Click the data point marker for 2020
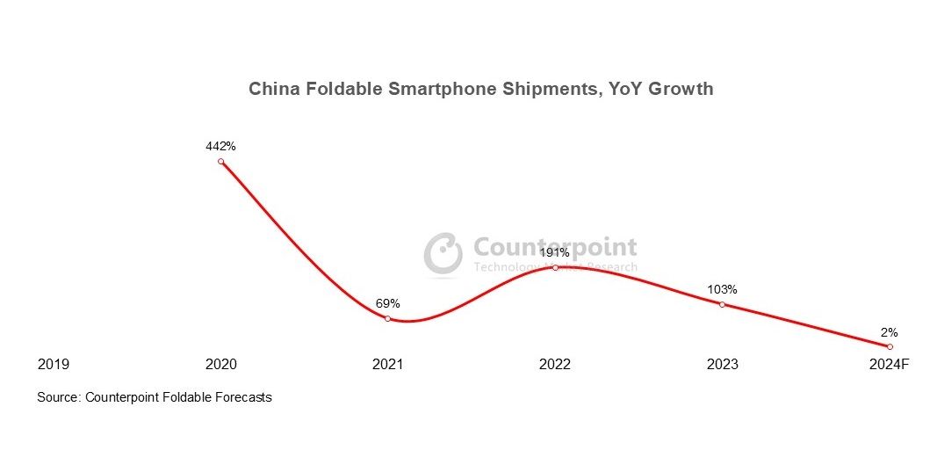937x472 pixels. tap(220, 162)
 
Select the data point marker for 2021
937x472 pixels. tap(387, 318)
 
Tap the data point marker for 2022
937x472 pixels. tap(555, 267)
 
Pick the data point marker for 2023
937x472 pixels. tap(722, 304)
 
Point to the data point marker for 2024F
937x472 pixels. tap(890, 347)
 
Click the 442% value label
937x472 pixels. tap(220, 146)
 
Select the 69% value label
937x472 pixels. tap(387, 303)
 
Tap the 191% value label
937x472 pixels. tap(555, 252)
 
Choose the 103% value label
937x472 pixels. tap(722, 289)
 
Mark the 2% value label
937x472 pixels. tap(890, 332)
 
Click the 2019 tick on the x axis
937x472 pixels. tap(54, 365)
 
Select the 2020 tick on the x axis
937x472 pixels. tap(220, 365)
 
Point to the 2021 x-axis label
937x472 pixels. tap(387, 365)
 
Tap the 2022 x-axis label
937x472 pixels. tap(555, 365)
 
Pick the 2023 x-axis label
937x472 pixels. tap(722, 365)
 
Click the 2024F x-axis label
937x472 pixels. tap(890, 365)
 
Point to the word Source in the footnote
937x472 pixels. tap(58, 397)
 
